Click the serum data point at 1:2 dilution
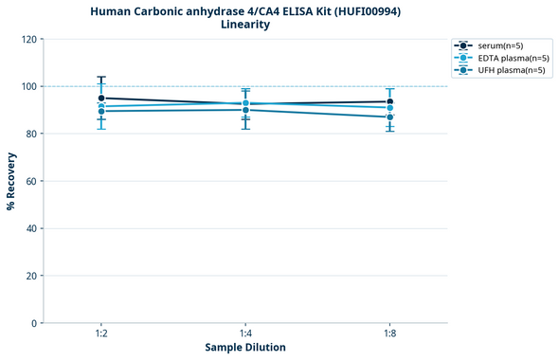pos(101,98)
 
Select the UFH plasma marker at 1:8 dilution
pos(389,117)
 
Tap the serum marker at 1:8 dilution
pos(389,101)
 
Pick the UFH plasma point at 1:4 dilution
pos(245,110)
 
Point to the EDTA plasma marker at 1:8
pos(389,108)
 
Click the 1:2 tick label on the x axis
pos(101,334)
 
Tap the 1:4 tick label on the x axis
pos(245,334)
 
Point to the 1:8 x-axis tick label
pos(389,334)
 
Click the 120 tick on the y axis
pos(27,39)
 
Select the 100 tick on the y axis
pos(27,86)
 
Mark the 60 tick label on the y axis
pos(30,181)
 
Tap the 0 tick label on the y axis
pos(33,323)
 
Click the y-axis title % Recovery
pos(10,180)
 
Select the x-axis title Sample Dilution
pos(245,348)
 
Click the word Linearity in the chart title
pos(245,25)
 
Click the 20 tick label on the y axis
pos(30,276)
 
